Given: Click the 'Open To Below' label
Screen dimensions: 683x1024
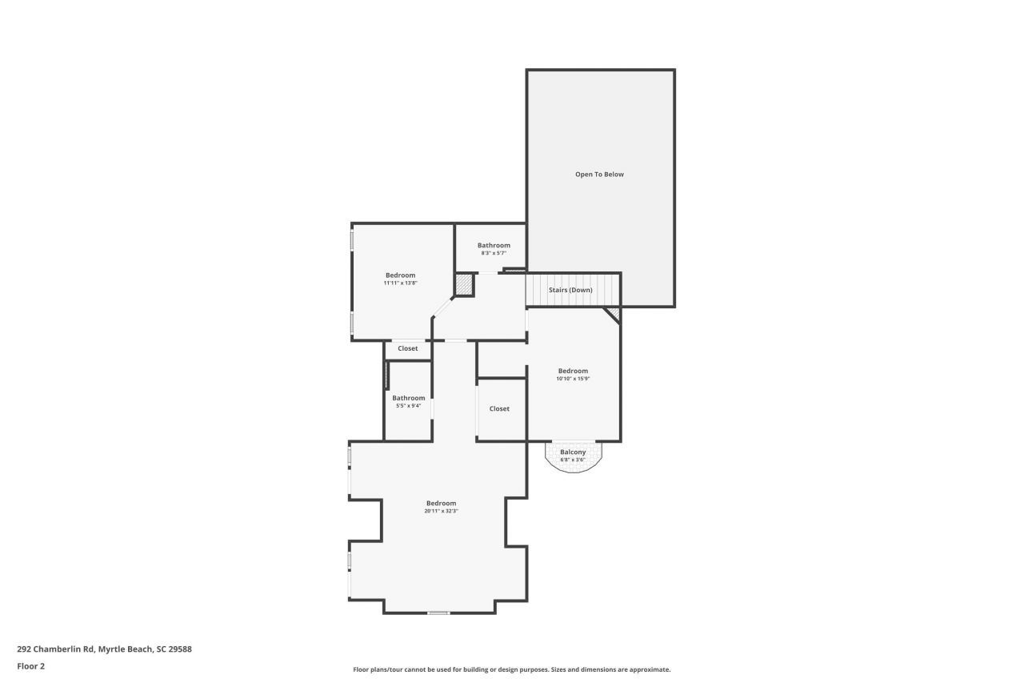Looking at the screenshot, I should click(x=599, y=175).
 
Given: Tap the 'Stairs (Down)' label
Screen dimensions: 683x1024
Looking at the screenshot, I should click(x=570, y=290).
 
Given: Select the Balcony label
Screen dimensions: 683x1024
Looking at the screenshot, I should click(x=573, y=452).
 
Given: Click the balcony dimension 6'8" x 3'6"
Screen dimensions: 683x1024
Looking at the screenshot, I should click(x=573, y=460).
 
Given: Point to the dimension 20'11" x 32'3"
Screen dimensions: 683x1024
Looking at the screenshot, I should click(x=441, y=511).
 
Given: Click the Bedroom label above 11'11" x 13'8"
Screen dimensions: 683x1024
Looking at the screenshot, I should click(x=400, y=275).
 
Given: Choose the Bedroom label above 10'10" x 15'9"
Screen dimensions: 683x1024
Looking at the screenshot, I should click(x=573, y=371).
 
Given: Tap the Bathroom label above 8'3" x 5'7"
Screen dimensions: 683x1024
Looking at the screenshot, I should click(x=494, y=246).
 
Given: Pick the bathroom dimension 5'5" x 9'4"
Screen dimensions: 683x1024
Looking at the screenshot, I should click(x=408, y=406).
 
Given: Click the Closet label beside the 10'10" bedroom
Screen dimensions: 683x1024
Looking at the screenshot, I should click(x=499, y=409).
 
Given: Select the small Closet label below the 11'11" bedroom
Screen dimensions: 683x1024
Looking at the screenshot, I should click(x=408, y=349).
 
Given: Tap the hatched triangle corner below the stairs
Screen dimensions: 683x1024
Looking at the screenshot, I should click(x=613, y=313).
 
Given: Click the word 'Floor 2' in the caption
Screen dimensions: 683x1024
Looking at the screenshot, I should click(x=31, y=666).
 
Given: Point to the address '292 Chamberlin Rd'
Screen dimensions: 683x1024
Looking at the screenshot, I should click(x=55, y=649).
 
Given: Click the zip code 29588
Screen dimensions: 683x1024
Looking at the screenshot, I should click(x=180, y=649).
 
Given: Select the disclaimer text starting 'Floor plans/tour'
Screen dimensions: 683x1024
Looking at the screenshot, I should click(x=512, y=669).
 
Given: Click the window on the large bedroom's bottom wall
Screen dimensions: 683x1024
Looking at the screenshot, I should click(x=438, y=613).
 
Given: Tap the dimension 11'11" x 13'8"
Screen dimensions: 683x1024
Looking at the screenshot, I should click(x=400, y=283).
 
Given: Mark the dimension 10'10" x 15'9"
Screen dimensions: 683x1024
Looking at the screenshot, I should click(x=573, y=379).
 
